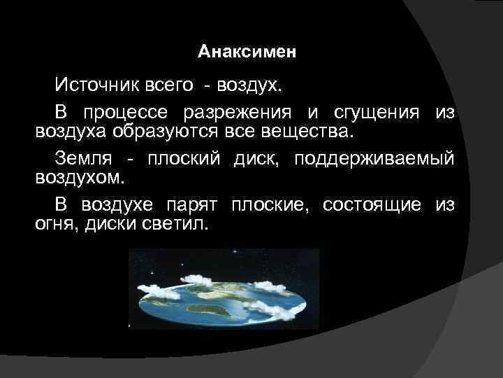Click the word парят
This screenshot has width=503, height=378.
193,204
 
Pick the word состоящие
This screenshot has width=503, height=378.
372,204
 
